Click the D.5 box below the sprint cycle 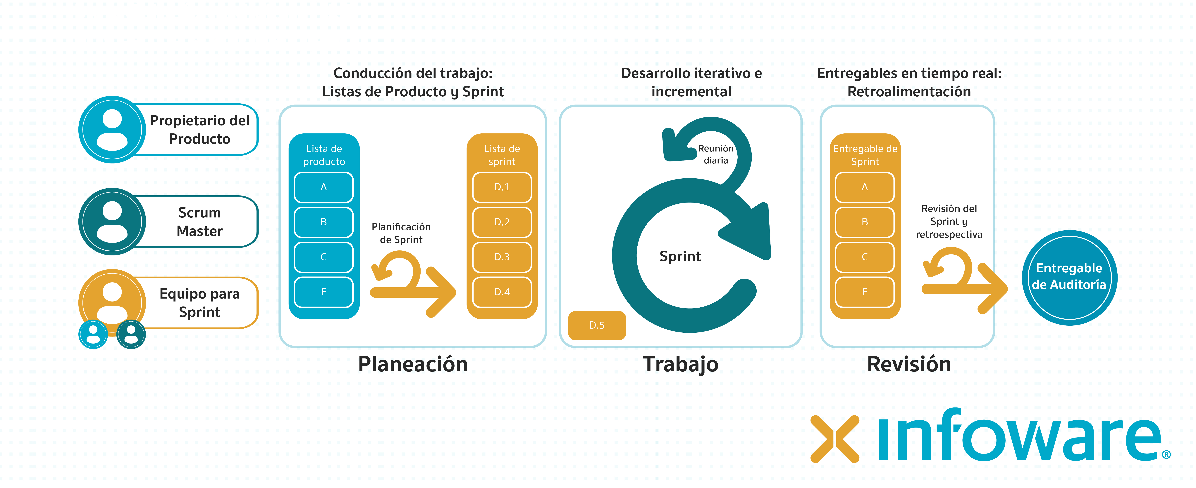(597, 325)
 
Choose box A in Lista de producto (324, 187)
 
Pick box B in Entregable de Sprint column (865, 222)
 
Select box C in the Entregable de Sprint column (865, 257)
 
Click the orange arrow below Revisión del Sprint (963, 281)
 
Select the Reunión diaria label (715, 154)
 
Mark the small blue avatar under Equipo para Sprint (93, 334)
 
